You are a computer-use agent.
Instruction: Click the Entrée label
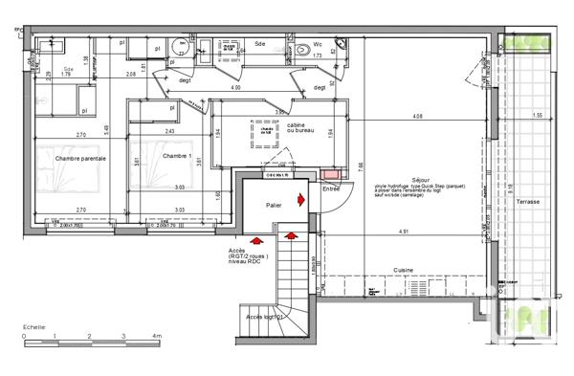pyautogui.click(x=331, y=188)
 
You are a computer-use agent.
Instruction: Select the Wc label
pyautogui.click(x=318, y=44)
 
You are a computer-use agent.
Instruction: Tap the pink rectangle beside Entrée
pyautogui.click(x=330, y=174)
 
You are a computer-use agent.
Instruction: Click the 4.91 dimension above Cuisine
pyautogui.click(x=431, y=232)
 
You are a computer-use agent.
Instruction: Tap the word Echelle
pyautogui.click(x=36, y=326)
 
